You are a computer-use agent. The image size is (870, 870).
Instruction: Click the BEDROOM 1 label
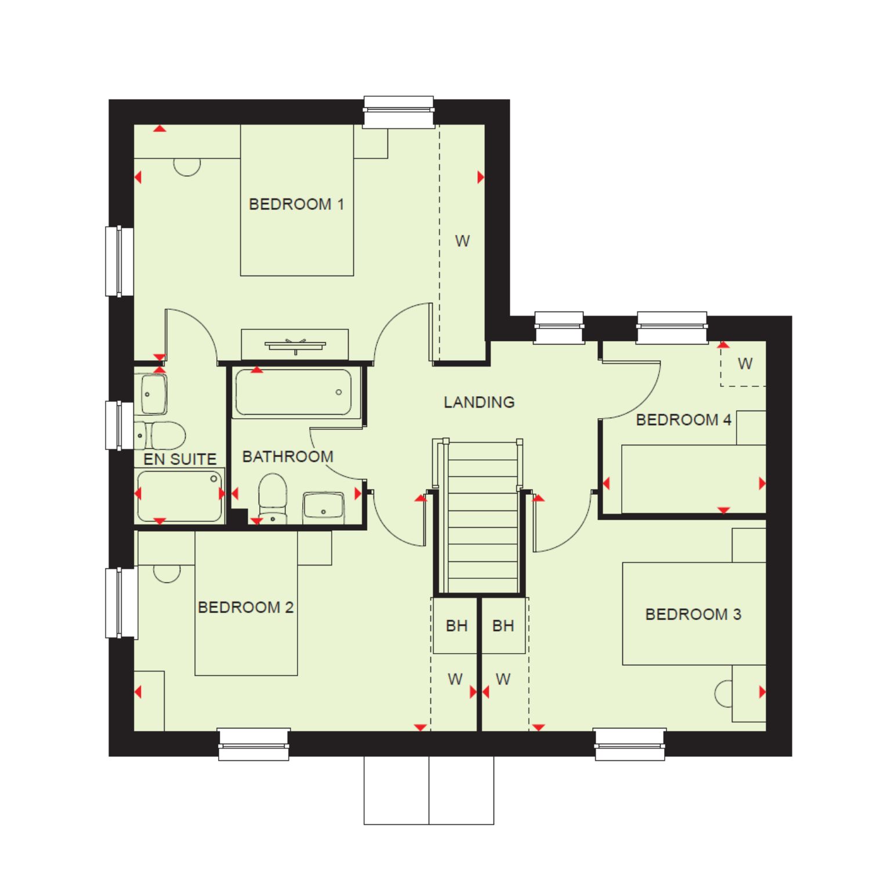point(296,204)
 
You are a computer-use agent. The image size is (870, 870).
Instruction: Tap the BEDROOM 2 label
point(246,607)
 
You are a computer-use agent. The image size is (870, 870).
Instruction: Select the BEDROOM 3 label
point(693,614)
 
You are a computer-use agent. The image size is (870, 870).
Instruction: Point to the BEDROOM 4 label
point(684,419)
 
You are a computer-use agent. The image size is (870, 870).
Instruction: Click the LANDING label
point(479,402)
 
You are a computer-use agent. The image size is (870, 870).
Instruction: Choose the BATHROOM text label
point(288,456)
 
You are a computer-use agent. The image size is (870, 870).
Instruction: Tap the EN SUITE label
point(180,459)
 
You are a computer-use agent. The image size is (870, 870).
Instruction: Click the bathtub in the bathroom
point(293,393)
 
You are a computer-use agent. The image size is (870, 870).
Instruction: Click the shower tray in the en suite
point(180,495)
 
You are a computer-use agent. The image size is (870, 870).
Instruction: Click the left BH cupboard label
point(456,626)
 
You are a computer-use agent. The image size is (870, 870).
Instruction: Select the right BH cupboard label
point(503,626)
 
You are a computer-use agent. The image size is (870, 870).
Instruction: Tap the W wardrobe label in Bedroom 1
point(462,241)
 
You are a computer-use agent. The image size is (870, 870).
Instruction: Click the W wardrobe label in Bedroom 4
point(745,364)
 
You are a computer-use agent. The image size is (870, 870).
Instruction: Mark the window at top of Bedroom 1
point(398,111)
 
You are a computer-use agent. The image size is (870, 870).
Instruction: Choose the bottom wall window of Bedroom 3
point(630,744)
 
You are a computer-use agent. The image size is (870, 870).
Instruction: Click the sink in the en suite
point(153,394)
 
